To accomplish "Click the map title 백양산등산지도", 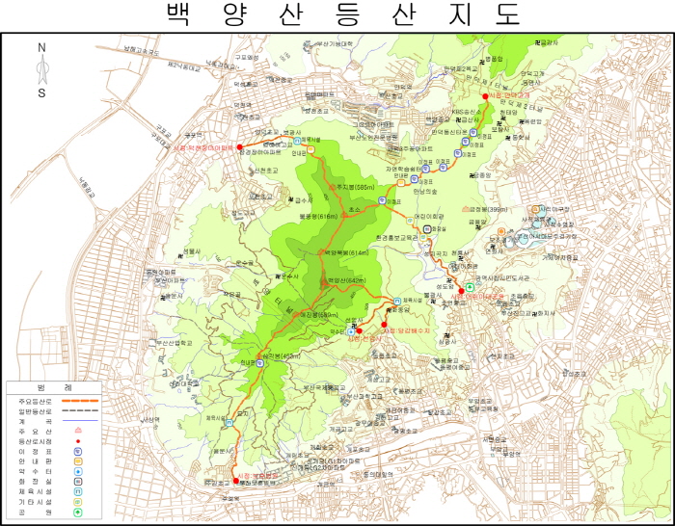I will tap(343, 14).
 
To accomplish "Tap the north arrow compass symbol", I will tap(41, 68).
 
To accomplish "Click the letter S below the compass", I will tap(41, 93).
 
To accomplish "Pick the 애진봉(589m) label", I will tap(319, 315).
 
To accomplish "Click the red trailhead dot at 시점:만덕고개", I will tap(485, 96).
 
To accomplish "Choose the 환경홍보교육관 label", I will tap(396, 236).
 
